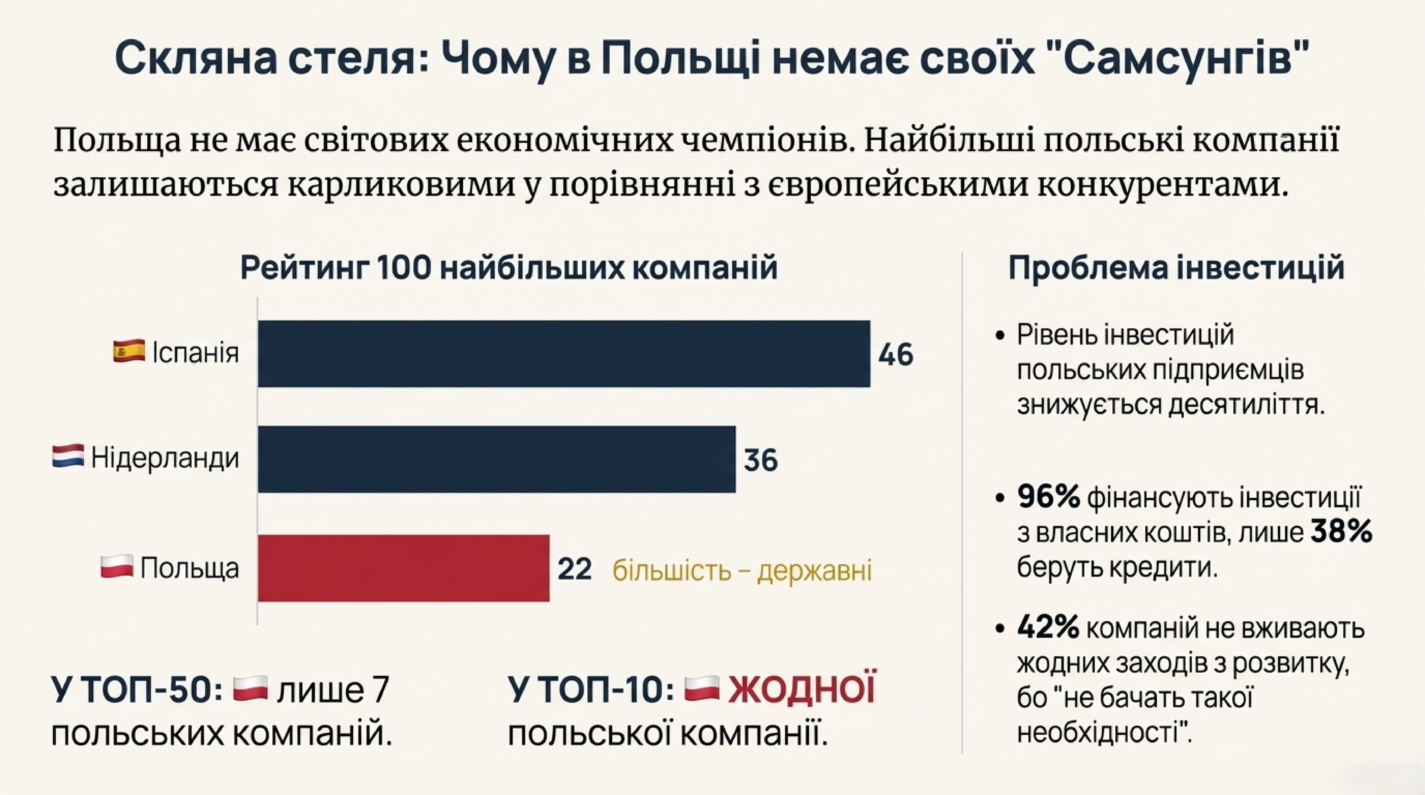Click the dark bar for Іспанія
click(564, 354)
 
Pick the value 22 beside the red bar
click(574, 569)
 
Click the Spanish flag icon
click(129, 352)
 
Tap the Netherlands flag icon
click(68, 457)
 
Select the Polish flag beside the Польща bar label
click(117, 567)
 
